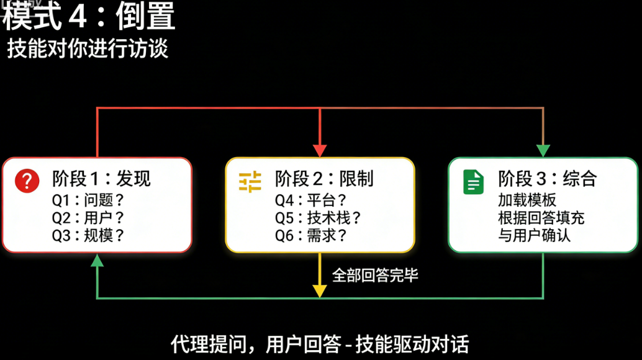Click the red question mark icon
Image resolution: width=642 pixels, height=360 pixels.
[x=27, y=181]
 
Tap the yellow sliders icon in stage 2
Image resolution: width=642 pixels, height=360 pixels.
[x=250, y=182]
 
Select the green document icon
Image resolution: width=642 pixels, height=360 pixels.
[x=473, y=182]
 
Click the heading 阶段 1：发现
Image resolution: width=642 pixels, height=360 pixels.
[x=101, y=179]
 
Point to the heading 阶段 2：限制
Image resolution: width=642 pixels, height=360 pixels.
[x=324, y=179]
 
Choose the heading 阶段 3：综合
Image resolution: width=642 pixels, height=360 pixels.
[x=548, y=179]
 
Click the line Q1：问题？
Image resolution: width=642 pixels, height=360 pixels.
[x=88, y=200]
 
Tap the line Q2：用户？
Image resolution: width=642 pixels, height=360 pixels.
[x=88, y=218]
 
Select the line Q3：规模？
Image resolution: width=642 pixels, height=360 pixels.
[x=88, y=236]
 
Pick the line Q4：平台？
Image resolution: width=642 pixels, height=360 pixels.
[x=311, y=200]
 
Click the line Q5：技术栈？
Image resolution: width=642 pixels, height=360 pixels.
[x=318, y=218]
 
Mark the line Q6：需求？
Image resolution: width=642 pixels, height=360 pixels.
[x=311, y=236]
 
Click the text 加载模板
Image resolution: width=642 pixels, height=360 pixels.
[x=527, y=200]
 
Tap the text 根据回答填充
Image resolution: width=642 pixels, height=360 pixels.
[x=541, y=218]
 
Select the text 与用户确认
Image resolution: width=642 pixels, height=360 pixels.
[x=534, y=236]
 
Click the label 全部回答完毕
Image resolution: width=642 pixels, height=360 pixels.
[x=375, y=276]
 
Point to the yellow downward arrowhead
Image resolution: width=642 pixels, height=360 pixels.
[x=319, y=291]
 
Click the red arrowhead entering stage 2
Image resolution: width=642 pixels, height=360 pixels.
[x=319, y=151]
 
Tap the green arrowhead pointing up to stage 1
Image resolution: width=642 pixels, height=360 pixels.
[x=97, y=260]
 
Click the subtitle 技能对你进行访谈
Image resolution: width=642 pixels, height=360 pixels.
[x=88, y=48]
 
